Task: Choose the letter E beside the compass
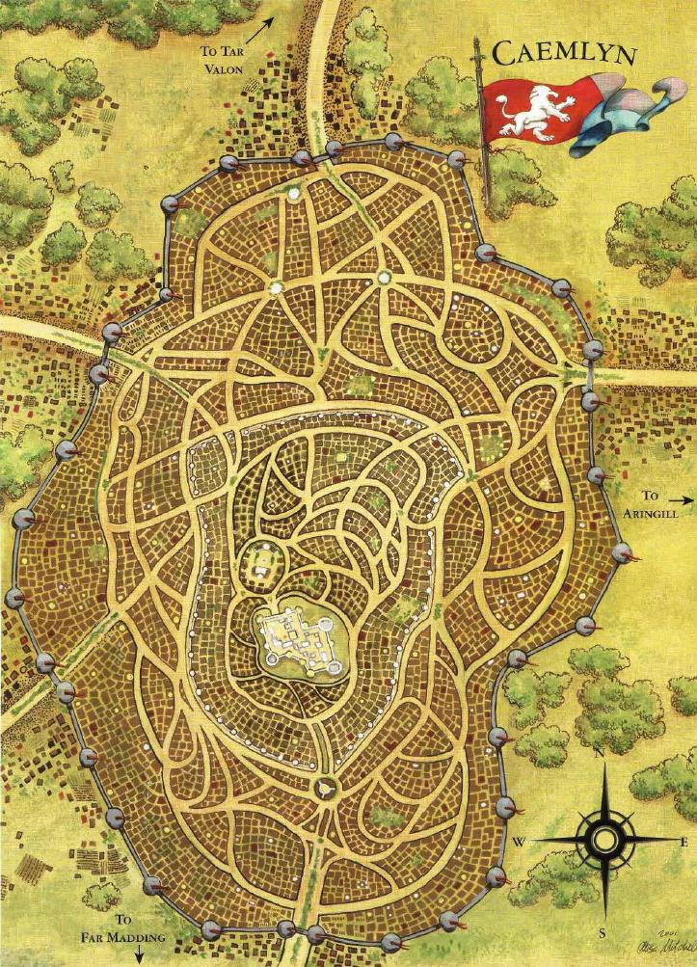click(x=684, y=842)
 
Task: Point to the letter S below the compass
click(x=602, y=932)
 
